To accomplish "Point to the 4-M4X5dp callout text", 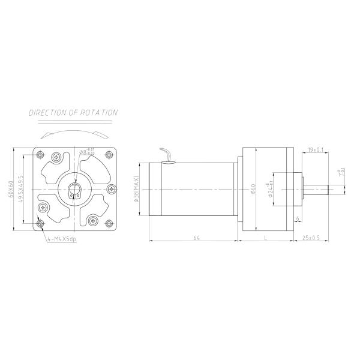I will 61,239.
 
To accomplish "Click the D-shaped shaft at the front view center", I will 75,192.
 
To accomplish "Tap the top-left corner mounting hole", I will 40,155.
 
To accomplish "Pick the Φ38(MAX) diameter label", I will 137,189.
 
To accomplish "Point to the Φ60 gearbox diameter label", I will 253,190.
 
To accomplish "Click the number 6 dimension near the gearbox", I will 298,218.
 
